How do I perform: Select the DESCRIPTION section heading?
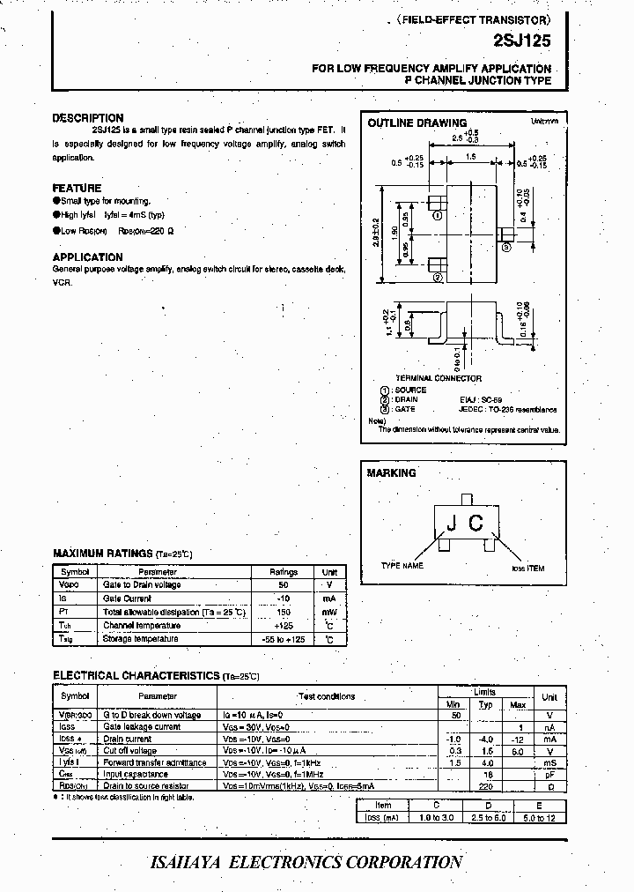click(88, 118)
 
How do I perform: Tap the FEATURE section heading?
click(77, 188)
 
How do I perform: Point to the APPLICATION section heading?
click(88, 257)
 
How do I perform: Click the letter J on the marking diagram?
click(451, 524)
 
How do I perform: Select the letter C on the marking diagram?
click(475, 524)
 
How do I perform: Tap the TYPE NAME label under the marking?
click(402, 565)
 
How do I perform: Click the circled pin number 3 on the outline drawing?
click(507, 248)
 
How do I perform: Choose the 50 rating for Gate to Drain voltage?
click(284, 584)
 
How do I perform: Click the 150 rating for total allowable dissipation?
click(284, 611)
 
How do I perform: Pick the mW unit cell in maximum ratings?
click(328, 611)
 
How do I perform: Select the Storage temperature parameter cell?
click(141, 638)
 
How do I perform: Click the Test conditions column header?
click(326, 696)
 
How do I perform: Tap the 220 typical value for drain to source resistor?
click(485, 784)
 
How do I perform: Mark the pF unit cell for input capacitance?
click(549, 773)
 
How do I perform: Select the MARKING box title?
click(391, 473)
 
